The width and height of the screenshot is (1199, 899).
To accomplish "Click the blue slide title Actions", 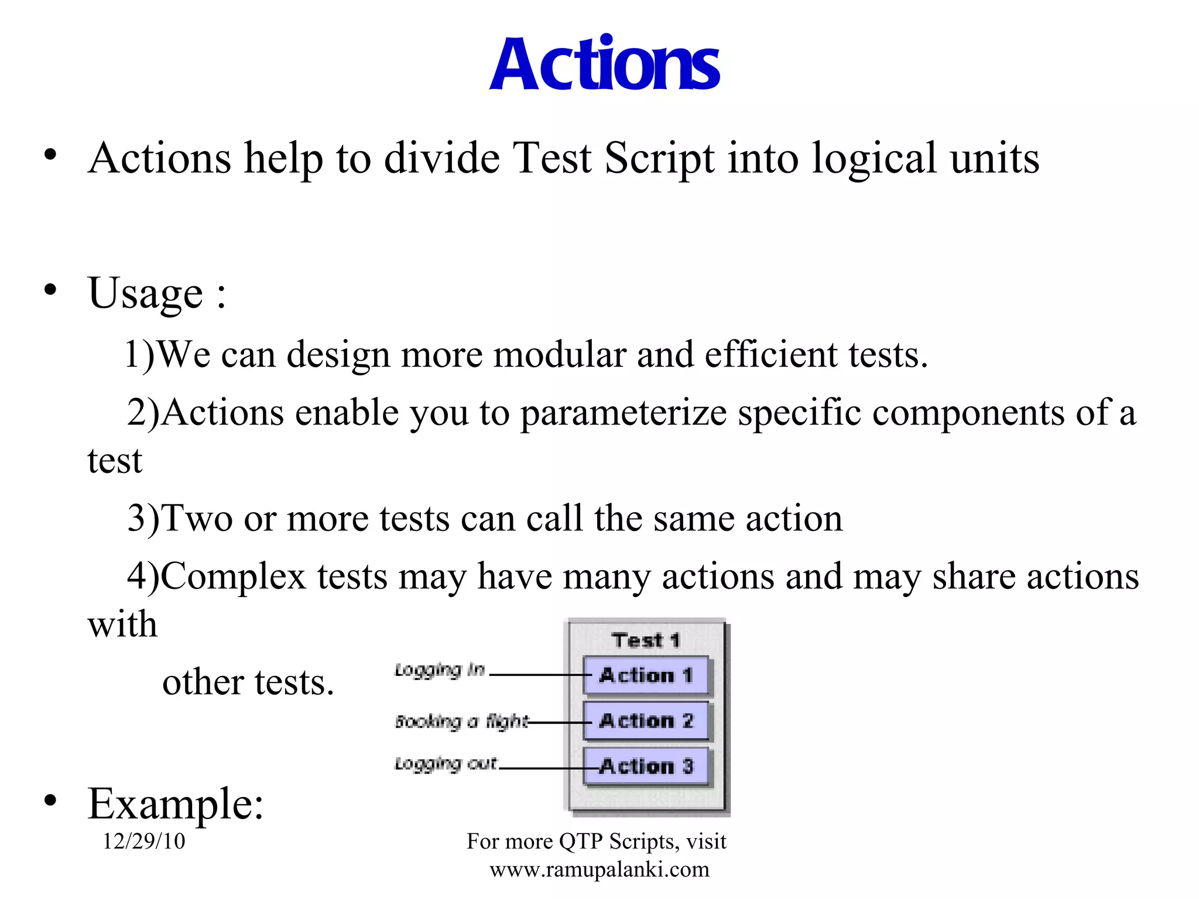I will (x=604, y=64).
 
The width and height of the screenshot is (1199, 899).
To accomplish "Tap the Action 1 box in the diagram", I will (x=646, y=675).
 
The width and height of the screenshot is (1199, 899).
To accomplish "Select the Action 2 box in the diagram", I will (x=646, y=720).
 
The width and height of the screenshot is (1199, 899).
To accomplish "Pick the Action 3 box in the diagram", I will (x=646, y=766).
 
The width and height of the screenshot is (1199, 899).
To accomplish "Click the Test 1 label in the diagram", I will (x=646, y=640).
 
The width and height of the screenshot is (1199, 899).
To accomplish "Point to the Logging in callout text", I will (x=440, y=670).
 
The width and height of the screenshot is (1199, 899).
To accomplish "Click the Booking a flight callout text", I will (x=461, y=722).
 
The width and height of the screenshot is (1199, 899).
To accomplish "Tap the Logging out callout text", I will (x=446, y=764).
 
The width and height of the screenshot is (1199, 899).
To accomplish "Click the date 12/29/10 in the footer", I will (x=144, y=841).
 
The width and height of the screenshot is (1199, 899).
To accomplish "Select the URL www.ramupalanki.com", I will (x=599, y=870).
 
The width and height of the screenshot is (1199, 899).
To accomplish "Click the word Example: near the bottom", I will (x=176, y=804).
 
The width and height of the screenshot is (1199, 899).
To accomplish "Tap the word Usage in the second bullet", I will (x=145, y=293).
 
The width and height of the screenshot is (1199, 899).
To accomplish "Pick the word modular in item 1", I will (x=560, y=355).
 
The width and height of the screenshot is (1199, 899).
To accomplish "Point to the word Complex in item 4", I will (x=233, y=577).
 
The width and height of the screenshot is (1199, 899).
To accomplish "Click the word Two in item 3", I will (x=197, y=519).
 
